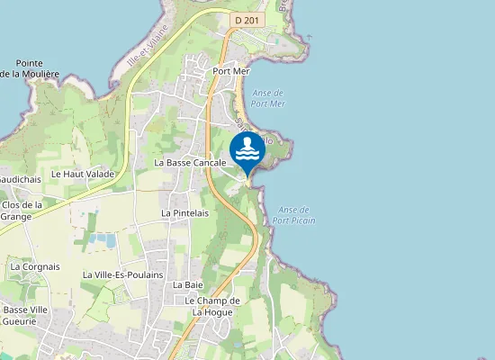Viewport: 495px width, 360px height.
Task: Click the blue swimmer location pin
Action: tap(247, 150)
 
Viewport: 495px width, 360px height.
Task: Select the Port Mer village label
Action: tap(231, 70)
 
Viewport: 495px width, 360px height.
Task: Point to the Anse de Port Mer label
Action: tap(268, 97)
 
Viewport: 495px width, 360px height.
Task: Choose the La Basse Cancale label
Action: tap(189, 163)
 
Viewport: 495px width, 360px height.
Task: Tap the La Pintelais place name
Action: tap(184, 213)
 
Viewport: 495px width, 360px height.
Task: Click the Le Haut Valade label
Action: tap(83, 174)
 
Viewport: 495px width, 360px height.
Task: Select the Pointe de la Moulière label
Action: tap(31, 68)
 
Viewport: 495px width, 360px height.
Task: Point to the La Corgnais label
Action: tap(35, 267)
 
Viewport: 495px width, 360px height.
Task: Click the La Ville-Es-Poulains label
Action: tap(122, 274)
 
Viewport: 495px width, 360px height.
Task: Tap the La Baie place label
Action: tap(188, 284)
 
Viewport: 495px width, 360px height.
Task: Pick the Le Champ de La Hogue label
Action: tap(212, 306)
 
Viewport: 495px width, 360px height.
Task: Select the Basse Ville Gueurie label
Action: tap(20, 315)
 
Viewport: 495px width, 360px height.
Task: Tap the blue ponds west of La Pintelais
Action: tap(106, 240)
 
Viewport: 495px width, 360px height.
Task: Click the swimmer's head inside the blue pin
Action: tap(247, 140)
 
